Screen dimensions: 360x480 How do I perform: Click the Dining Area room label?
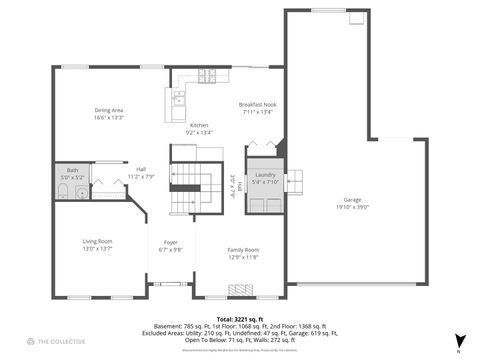109,110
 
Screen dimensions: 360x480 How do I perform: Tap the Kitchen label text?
199,125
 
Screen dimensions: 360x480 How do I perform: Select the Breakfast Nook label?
257,105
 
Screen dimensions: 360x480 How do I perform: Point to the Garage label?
352,199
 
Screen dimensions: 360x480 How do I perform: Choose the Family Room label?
243,249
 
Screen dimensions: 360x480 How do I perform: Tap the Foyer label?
171,241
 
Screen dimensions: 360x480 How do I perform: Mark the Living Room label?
97,241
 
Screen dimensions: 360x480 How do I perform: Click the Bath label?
72,171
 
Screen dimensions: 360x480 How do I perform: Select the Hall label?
141,169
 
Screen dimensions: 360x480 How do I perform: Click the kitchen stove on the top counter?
207,75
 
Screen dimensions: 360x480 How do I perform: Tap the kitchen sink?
179,98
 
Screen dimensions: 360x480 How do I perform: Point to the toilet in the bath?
63,192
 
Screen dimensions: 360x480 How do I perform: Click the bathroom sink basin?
81,192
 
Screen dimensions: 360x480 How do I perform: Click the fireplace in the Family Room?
242,290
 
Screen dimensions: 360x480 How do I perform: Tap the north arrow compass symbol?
459,341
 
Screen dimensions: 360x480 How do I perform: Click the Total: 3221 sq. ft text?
240,317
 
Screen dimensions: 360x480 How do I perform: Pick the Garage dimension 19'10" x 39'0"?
352,207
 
